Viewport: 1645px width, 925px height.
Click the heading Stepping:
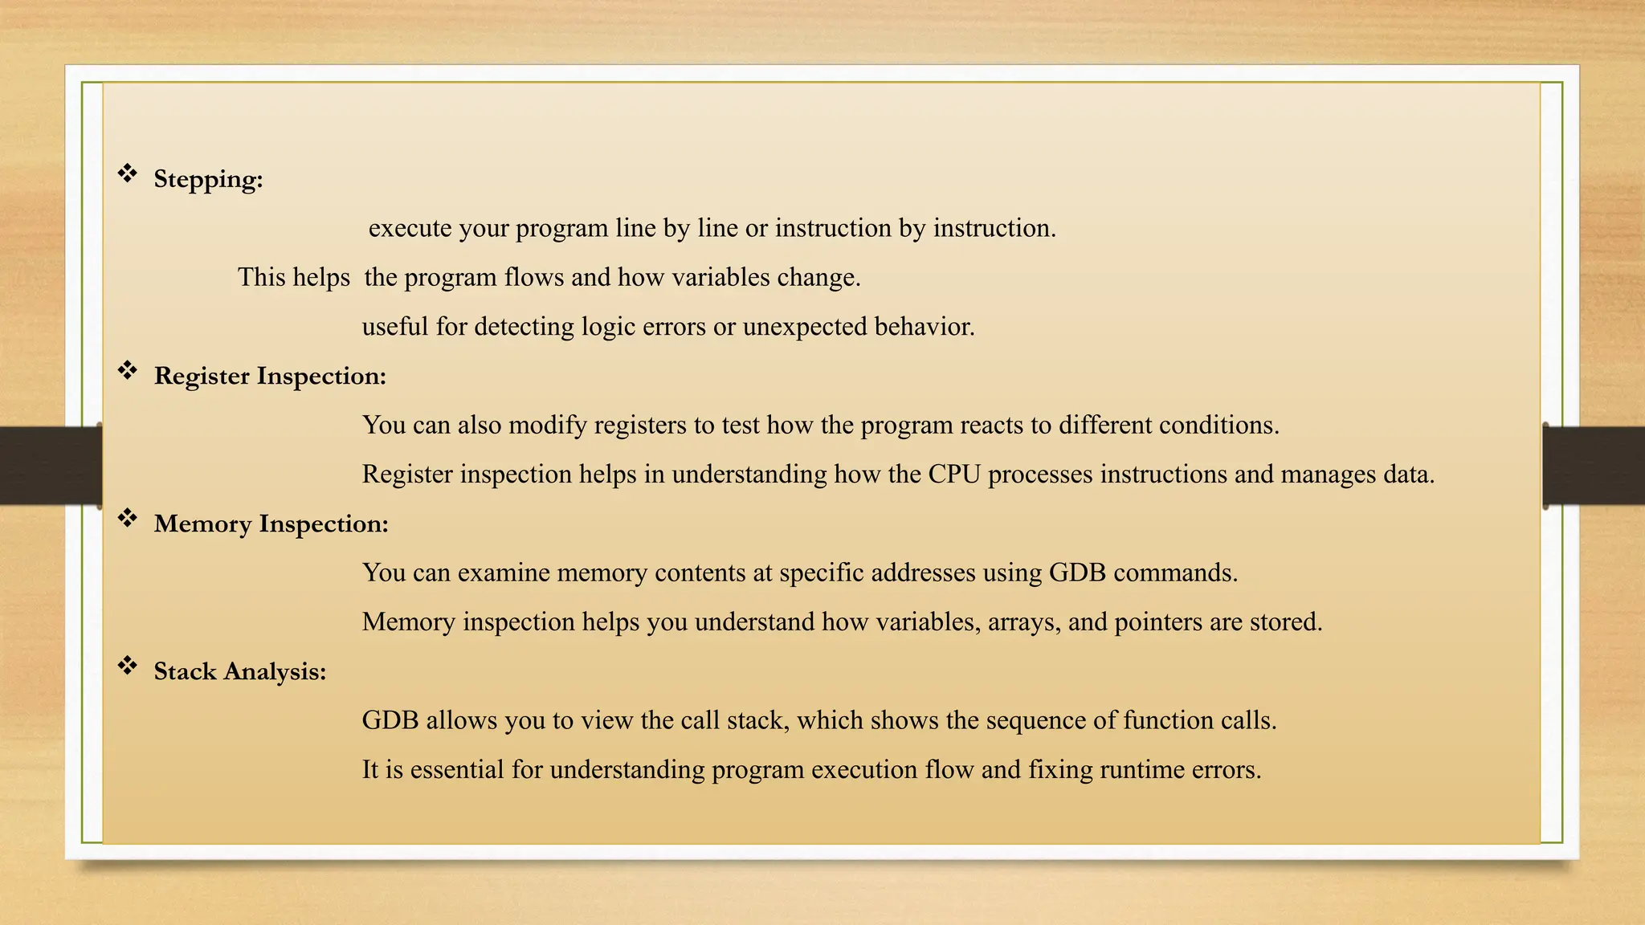[x=208, y=179]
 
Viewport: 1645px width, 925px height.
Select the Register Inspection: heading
[x=270, y=376]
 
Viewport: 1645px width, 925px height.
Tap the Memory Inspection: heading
[x=271, y=524]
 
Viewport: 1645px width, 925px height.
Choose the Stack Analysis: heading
[x=239, y=671]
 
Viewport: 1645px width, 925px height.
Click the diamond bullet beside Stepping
[x=128, y=173]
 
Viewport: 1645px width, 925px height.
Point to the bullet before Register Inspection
[x=128, y=370]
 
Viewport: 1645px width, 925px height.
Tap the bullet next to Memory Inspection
[x=128, y=518]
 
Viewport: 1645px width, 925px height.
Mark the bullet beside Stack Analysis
[x=128, y=666]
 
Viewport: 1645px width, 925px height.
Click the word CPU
[x=954, y=475]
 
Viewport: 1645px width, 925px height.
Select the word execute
[x=410, y=229]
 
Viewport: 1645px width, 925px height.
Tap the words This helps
[x=293, y=278]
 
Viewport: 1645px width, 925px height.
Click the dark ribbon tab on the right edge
[x=1594, y=466]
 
